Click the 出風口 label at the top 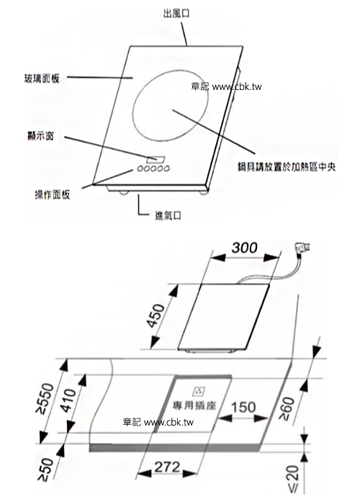[x=176, y=14]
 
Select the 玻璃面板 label [x=42, y=78]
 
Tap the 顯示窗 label [x=41, y=136]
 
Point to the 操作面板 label [x=53, y=194]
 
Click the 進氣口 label [x=168, y=216]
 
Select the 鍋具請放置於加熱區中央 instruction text [x=287, y=167]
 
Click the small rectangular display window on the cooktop [x=156, y=160]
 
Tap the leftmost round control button [x=140, y=168]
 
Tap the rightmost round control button [x=166, y=168]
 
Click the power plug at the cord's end [x=302, y=248]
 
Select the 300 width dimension [x=244, y=248]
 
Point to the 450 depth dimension [x=156, y=315]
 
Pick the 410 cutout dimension [x=68, y=400]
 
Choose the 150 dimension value [x=243, y=408]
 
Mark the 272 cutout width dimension [x=167, y=467]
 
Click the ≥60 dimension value [x=287, y=408]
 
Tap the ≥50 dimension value [x=45, y=470]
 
